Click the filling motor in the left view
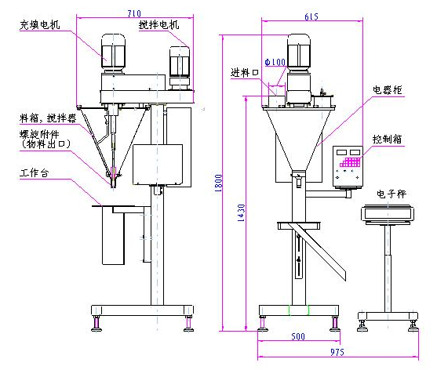tap(115, 53)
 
